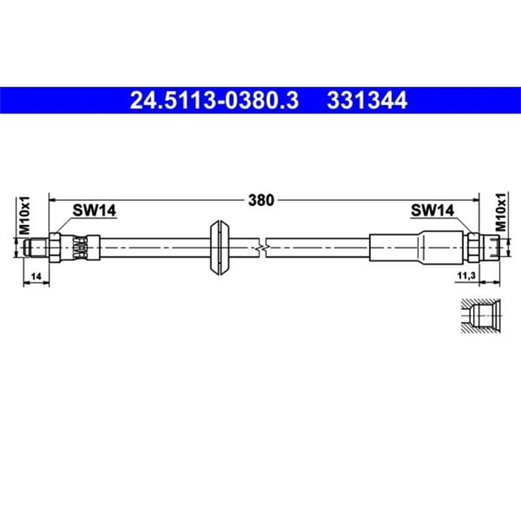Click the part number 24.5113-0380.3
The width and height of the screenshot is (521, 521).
pyautogui.click(x=215, y=100)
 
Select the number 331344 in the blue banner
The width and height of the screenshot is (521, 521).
pyautogui.click(x=367, y=100)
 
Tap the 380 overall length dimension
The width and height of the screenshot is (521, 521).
pyautogui.click(x=261, y=200)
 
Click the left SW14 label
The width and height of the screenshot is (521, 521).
pyautogui.click(x=94, y=210)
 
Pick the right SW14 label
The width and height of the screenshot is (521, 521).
pyautogui.click(x=432, y=210)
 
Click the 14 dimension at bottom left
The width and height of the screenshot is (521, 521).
pyautogui.click(x=36, y=276)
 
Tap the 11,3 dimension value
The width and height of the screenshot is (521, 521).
pyautogui.click(x=467, y=276)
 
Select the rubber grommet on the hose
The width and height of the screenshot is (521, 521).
pyautogui.click(x=220, y=247)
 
